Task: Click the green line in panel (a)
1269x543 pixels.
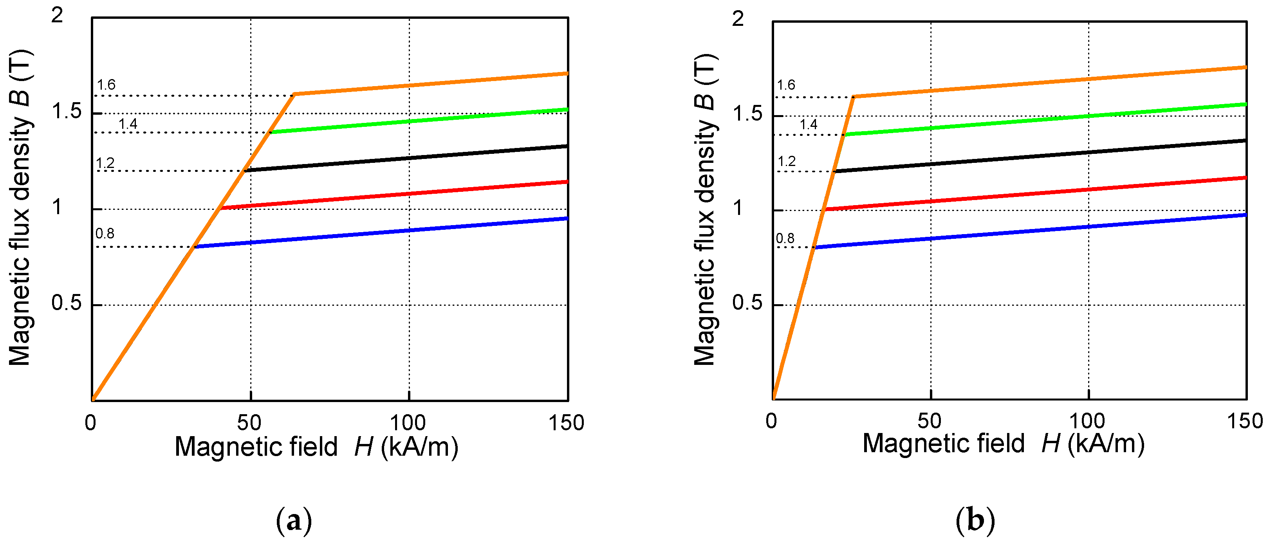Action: pos(419,121)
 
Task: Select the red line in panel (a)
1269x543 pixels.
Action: pos(394,195)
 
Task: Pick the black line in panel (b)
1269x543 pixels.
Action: pos(1034,156)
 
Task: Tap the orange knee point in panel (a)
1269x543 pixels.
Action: pos(294,94)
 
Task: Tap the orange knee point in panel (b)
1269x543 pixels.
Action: pos(854,97)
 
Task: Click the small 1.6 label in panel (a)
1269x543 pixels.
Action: pos(106,85)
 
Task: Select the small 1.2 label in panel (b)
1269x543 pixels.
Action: pos(786,161)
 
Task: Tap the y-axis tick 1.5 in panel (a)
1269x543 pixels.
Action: pos(67,111)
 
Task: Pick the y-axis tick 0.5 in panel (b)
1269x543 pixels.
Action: pos(747,303)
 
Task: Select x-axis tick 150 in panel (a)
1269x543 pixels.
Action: pos(566,423)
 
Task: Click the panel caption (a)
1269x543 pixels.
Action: pos(294,520)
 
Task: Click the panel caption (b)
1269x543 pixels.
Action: pos(975,520)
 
